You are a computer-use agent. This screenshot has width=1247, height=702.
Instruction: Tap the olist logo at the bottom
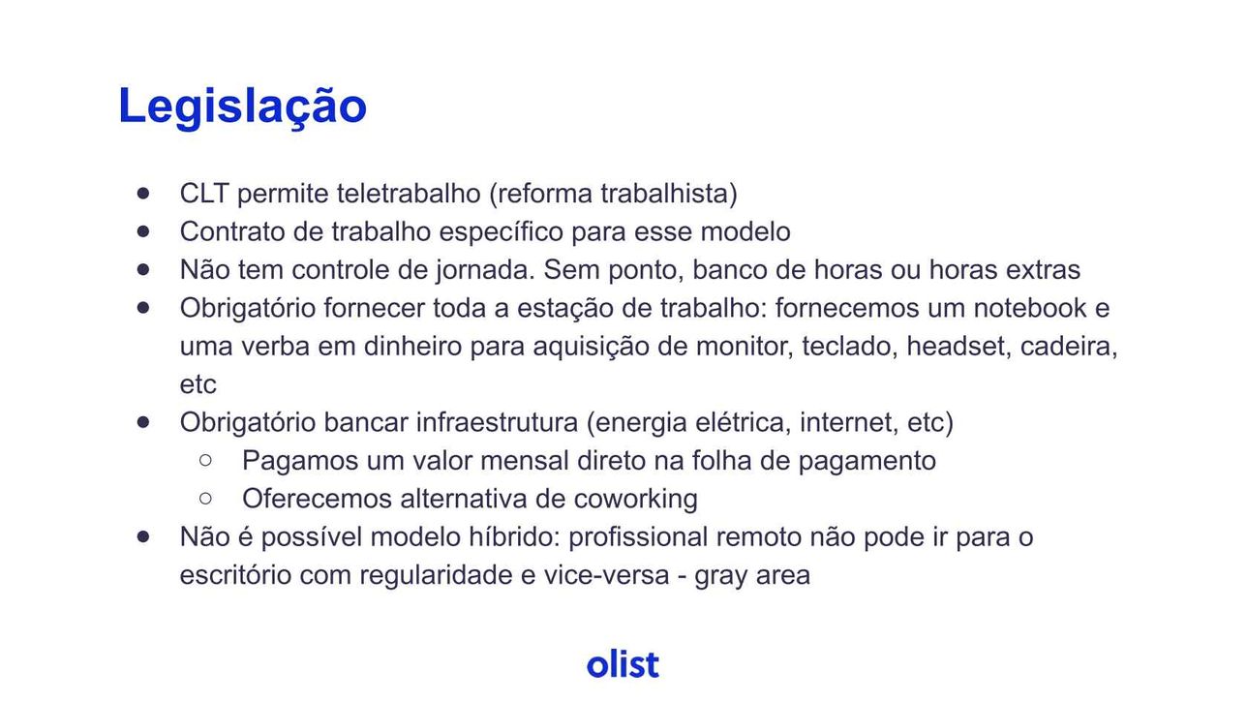click(x=623, y=663)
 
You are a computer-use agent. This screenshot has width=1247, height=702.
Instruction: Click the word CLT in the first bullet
click(x=204, y=194)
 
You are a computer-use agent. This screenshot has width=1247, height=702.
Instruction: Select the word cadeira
click(x=1069, y=347)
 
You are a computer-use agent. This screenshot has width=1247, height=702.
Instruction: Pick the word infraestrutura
click(x=497, y=422)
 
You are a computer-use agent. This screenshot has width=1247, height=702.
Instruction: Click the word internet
click(x=849, y=422)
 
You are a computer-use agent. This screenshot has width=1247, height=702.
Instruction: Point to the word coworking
click(x=636, y=499)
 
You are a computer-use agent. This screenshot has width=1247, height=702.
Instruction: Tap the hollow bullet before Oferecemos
click(x=205, y=499)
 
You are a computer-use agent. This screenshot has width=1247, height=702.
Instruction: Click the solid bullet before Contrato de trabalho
click(x=143, y=231)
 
